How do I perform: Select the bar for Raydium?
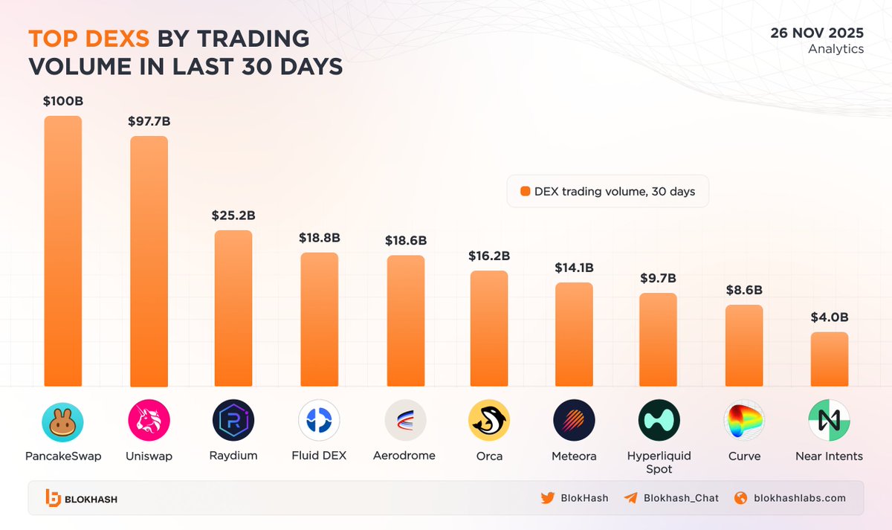pyautogui.click(x=233, y=308)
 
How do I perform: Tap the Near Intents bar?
pyautogui.click(x=829, y=359)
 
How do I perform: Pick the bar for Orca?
pyautogui.click(x=489, y=329)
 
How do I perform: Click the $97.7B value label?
pyautogui.click(x=149, y=120)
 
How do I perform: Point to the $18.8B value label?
pyautogui.click(x=320, y=238)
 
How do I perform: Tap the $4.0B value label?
pyautogui.click(x=829, y=317)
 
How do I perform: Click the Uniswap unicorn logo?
pyautogui.click(x=149, y=421)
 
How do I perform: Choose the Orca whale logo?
pyautogui.click(x=489, y=421)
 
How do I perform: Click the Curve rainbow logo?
pyautogui.click(x=744, y=421)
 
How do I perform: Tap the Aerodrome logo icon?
pyautogui.click(x=405, y=421)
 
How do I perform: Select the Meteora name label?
pyautogui.click(x=575, y=456)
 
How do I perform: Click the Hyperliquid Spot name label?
pyautogui.click(x=659, y=462)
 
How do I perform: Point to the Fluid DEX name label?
pyautogui.click(x=320, y=455)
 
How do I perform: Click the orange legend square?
pyautogui.click(x=526, y=191)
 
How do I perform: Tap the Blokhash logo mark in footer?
pyautogui.click(x=53, y=499)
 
